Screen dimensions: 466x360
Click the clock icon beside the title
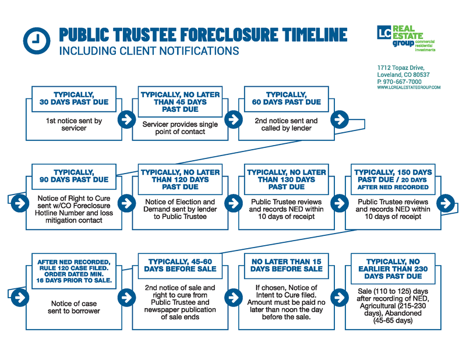tap(37, 41)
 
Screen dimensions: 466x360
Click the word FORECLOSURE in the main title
tap(228, 34)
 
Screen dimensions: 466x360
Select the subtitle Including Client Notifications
tap(149, 51)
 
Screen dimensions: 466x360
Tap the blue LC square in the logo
tap(384, 33)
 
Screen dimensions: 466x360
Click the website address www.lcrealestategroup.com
tap(409, 87)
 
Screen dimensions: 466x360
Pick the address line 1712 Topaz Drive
tap(401, 68)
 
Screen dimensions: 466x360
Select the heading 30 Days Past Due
tap(74, 102)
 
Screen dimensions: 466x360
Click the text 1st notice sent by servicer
tap(74, 124)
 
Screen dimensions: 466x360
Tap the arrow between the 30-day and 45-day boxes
tap(127, 119)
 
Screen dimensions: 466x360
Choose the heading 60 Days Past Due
tap(287, 102)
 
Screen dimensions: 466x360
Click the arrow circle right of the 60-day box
tap(340, 119)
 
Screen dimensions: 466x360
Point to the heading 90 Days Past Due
tap(74, 179)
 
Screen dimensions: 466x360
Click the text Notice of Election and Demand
tap(180, 206)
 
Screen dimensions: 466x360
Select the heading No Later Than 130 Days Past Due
tap(287, 179)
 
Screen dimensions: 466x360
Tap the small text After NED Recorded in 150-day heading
tap(393, 188)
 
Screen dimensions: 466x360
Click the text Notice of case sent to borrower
tap(74, 307)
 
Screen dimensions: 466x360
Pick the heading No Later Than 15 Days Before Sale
tap(287, 265)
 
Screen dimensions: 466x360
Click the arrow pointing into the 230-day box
tap(340, 297)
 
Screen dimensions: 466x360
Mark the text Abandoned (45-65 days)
tap(393, 317)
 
